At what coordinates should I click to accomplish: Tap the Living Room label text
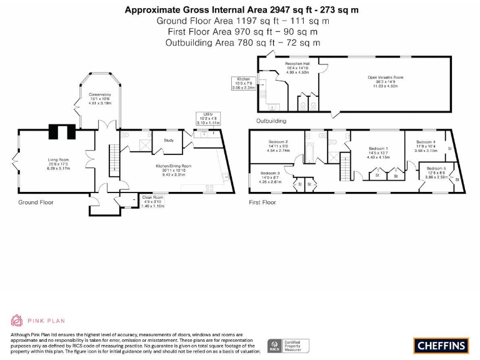coord(58,163)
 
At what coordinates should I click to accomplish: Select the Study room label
coord(168,140)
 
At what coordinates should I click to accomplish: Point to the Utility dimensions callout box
coord(208,119)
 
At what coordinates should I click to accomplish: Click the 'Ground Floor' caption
coord(36,202)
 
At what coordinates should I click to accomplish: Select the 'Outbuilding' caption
coord(271,121)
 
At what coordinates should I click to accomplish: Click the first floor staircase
coord(345,167)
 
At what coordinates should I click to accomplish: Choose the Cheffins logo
coord(440,344)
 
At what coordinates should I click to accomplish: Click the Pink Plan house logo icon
coord(17,321)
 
